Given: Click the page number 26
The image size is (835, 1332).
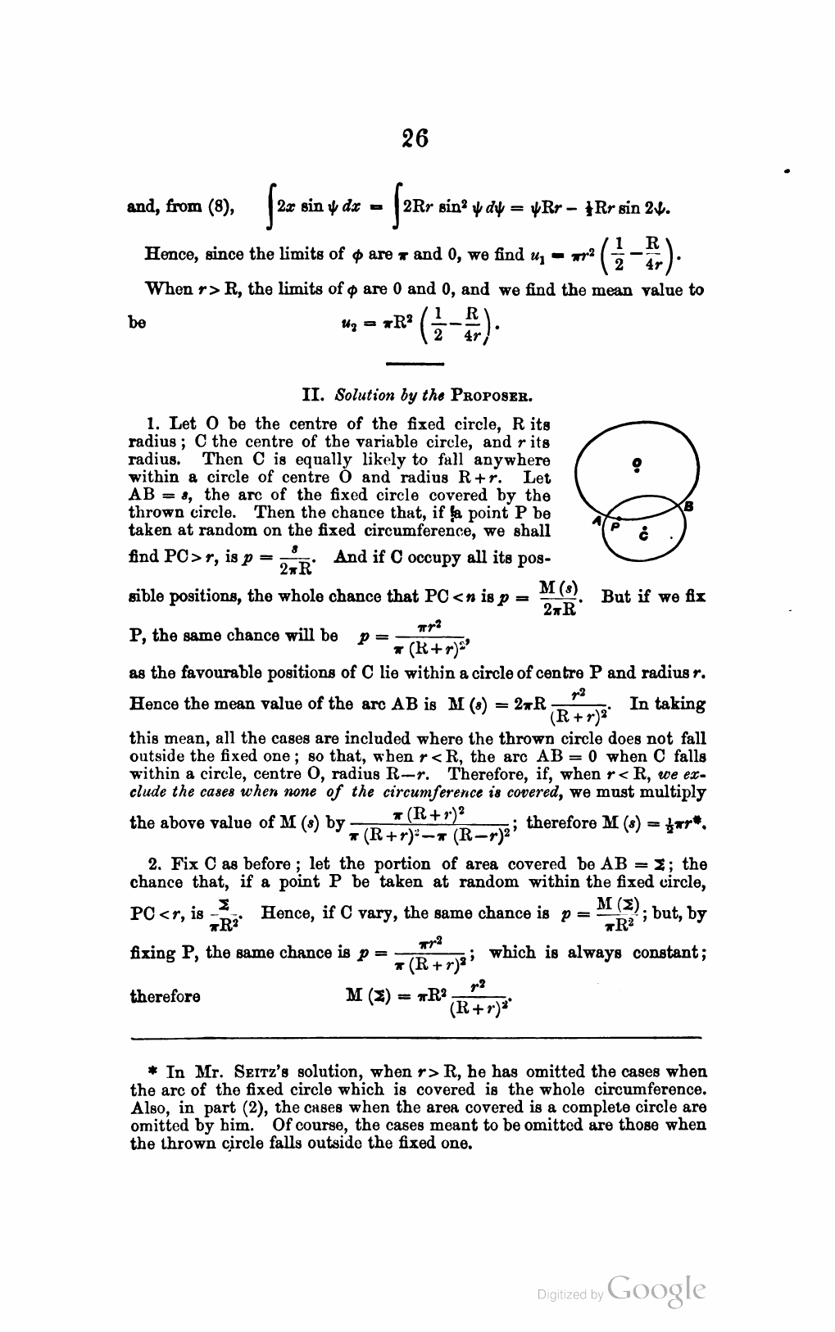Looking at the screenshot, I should point(416,138).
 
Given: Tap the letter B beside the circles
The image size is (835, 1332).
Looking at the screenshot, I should point(688,507).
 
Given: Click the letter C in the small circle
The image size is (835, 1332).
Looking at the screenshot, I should point(646,537).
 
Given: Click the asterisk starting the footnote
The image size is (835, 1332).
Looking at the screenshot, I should point(153,1072).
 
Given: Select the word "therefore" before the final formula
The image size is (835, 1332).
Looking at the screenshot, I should point(165,996).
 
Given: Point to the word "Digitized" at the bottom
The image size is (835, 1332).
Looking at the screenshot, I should point(563,1294).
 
